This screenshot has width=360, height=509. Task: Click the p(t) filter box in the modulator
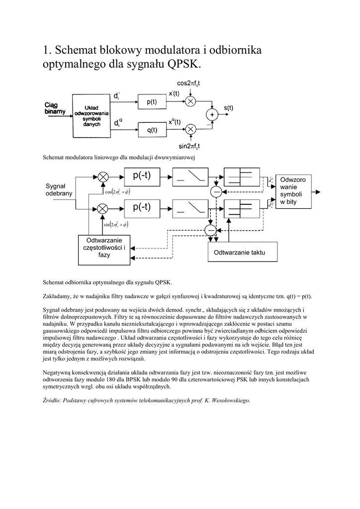[x=151, y=102]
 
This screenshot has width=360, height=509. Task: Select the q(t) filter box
[x=151, y=130]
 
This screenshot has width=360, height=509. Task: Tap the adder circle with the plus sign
[x=212, y=115]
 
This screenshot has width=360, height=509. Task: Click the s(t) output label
[x=228, y=107]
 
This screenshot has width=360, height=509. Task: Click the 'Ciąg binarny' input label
[x=54, y=108]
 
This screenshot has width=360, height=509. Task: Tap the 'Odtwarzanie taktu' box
[x=239, y=253]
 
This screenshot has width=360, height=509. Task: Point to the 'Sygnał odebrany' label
[x=59, y=189]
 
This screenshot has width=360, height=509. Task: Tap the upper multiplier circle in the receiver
[x=103, y=177]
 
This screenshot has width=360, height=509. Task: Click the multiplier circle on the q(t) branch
[x=190, y=130]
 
